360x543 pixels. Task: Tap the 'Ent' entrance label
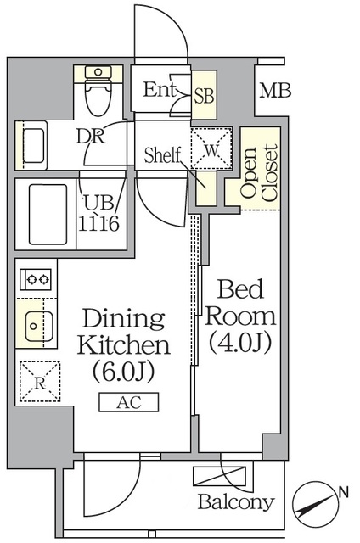tap(160, 89)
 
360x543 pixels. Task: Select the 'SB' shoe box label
tap(204, 96)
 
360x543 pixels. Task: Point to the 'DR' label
tap(89, 137)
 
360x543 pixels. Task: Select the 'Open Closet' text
tap(260, 173)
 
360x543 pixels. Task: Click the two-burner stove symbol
tap(37, 277)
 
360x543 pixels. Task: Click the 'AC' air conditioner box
tap(128, 402)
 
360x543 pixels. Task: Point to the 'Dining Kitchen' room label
tap(123, 333)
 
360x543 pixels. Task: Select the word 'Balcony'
tap(236, 501)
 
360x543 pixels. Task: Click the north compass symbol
tap(317, 505)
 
